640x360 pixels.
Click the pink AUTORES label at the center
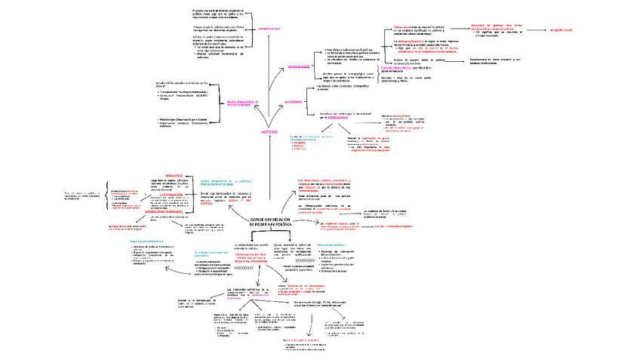click(x=270, y=132)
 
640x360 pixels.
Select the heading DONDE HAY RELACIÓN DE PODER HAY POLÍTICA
click(x=270, y=221)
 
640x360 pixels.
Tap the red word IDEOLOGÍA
click(x=174, y=175)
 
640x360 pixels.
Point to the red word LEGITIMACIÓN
click(x=174, y=194)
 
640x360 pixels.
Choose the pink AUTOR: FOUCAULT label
click(x=269, y=27)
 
